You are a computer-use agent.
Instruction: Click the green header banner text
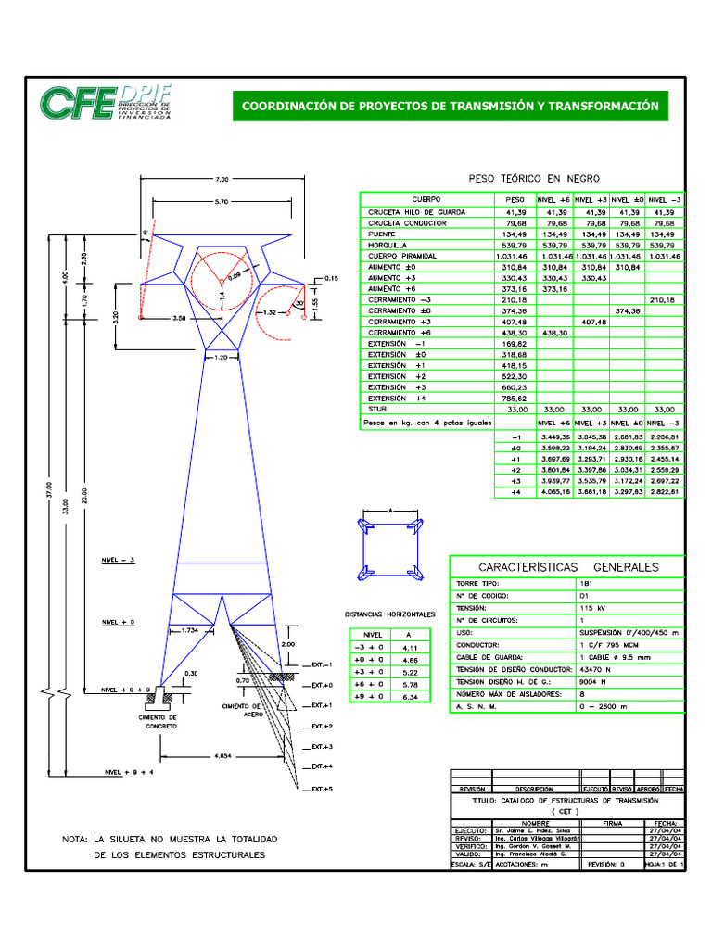point(450,107)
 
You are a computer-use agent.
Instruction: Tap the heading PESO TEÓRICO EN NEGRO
point(535,178)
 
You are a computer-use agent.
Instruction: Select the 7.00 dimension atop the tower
point(222,178)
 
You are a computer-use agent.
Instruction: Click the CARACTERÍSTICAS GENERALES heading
point(567,566)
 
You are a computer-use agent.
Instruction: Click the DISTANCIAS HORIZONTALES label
point(389,614)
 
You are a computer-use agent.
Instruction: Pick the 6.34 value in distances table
point(410,695)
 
